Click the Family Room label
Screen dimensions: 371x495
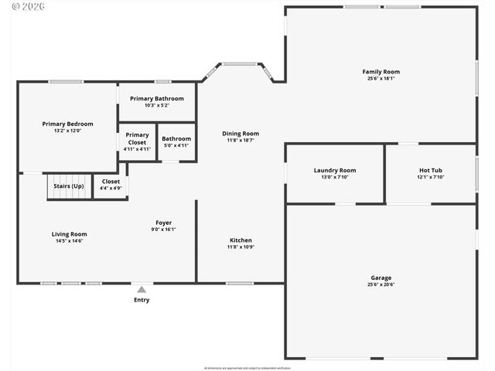[381, 72]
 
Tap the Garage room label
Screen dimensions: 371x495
[381, 277]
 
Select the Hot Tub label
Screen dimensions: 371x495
[431, 170]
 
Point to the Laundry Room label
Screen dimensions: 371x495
[334, 170]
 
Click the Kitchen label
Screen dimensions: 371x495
[240, 240]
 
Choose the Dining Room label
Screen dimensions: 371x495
[240, 133]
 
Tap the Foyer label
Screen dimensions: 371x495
[163, 223]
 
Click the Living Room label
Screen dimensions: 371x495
[69, 234]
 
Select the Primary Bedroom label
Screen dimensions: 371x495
[67, 124]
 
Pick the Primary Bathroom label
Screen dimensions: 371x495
[157, 98]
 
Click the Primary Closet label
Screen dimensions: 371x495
[137, 138]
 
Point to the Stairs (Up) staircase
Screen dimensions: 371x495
[69, 186]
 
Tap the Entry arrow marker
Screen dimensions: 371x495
[142, 289]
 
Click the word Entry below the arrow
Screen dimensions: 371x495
[142, 300]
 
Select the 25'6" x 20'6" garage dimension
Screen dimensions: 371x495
[381, 284]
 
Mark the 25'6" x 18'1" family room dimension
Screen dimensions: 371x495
[381, 79]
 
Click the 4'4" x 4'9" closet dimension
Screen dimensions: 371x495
[111, 188]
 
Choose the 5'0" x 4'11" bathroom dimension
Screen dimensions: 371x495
[176, 145]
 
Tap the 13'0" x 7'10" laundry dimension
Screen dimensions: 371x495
[334, 177]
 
